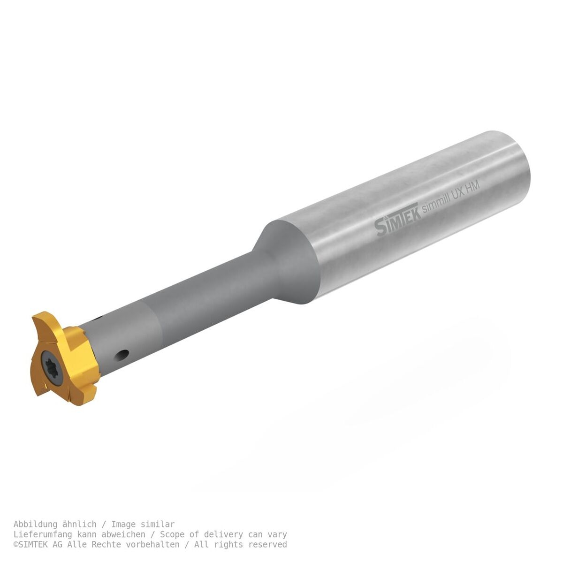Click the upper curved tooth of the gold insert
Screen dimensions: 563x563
(x=47, y=326)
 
